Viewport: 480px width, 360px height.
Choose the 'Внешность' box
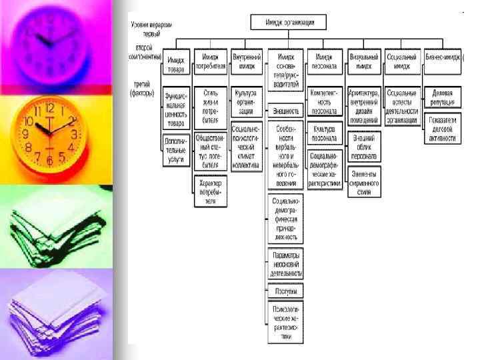(x=286, y=110)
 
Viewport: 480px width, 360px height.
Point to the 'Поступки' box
(x=285, y=291)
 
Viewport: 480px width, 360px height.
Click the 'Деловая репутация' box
(x=442, y=97)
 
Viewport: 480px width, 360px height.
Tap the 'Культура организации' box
(x=246, y=98)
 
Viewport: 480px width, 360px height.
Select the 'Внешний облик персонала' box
(x=364, y=147)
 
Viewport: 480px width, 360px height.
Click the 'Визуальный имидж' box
(x=364, y=61)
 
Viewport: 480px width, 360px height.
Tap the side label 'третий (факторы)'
(x=143, y=90)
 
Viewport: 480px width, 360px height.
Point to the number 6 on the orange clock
(x=49, y=161)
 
